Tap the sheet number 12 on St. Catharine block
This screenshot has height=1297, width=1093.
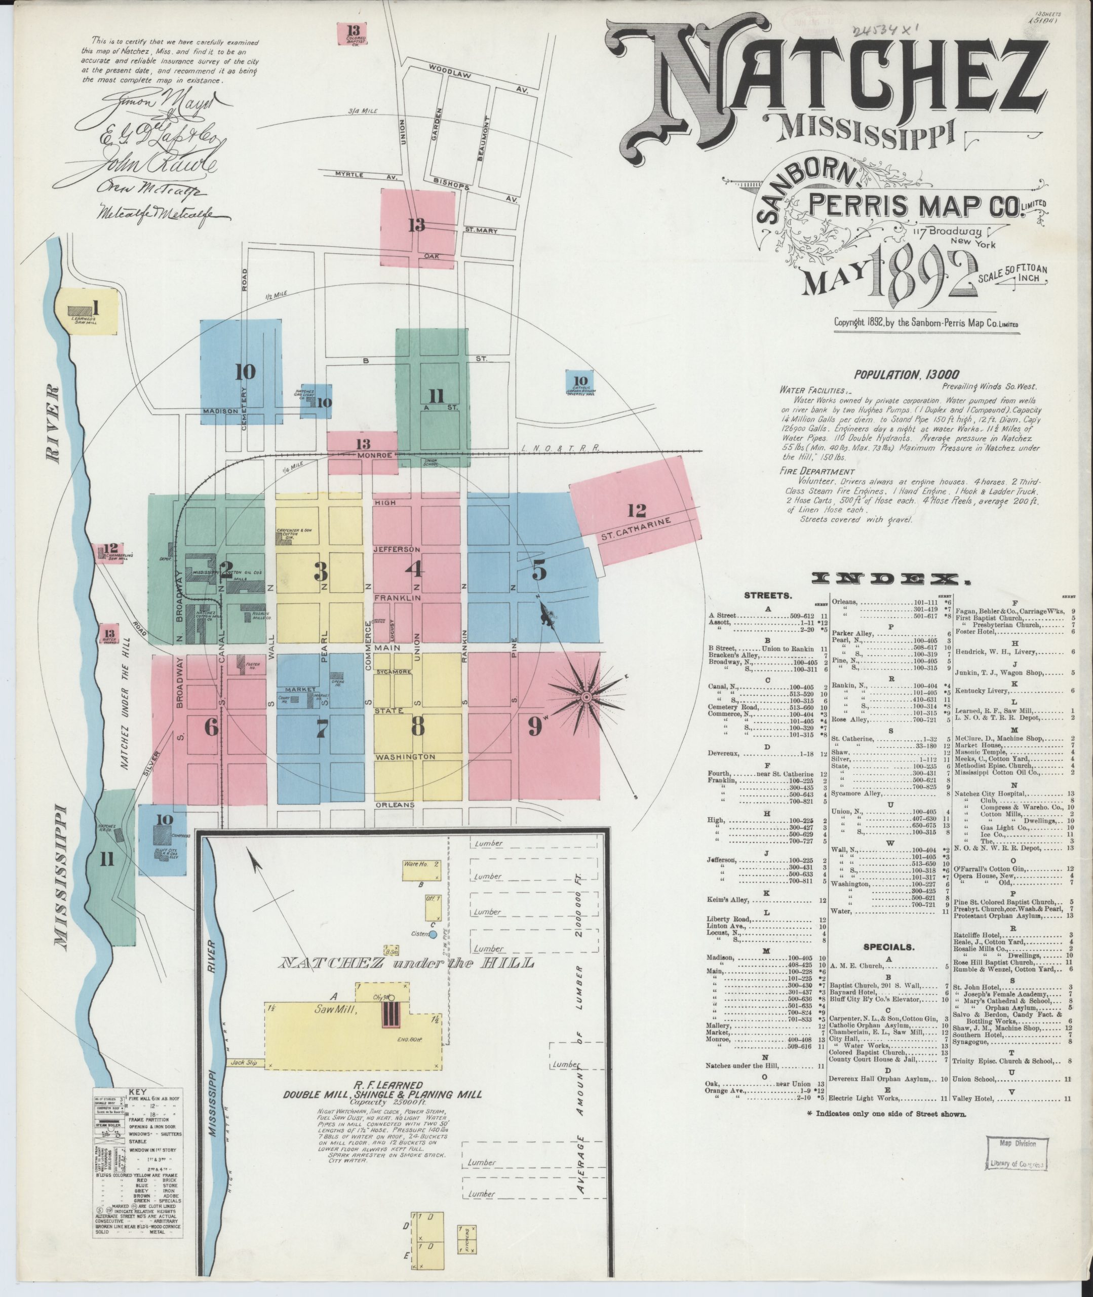coord(636,511)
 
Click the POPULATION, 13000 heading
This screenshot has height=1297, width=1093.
coord(906,374)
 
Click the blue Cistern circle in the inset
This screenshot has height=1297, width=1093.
coord(433,934)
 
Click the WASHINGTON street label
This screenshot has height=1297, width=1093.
coord(405,757)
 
